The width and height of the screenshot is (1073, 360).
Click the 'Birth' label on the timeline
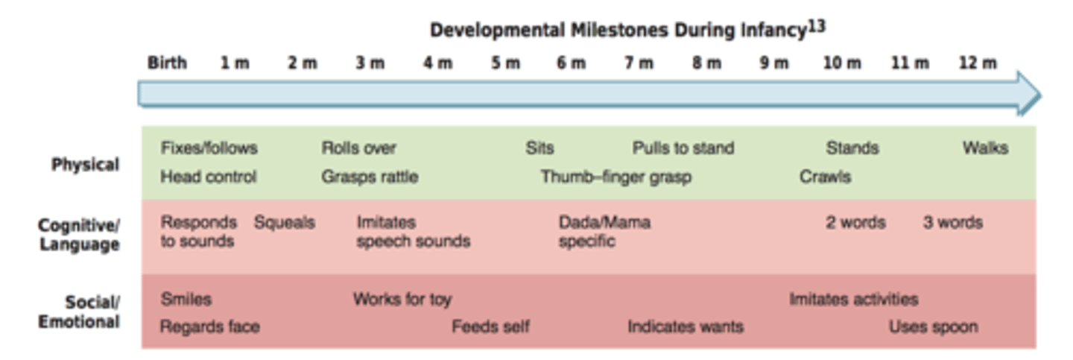pyautogui.click(x=167, y=63)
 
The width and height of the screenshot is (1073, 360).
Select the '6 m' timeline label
pyautogui.click(x=571, y=63)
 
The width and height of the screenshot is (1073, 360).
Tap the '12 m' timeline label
pyautogui.click(x=977, y=63)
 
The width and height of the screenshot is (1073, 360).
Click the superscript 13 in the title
pyautogui.click(x=817, y=27)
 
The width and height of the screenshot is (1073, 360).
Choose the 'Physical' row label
pyautogui.click(x=85, y=165)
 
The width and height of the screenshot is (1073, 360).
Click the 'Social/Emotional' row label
pyautogui.click(x=79, y=312)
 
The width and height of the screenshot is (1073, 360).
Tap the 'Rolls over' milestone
pyautogui.click(x=358, y=148)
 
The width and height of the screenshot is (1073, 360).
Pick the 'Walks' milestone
pyautogui.click(x=984, y=148)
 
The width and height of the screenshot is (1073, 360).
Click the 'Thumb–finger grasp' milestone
pyautogui.click(x=615, y=177)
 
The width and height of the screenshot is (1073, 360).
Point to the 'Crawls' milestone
pyautogui.click(x=825, y=177)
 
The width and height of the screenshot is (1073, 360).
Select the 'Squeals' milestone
pyautogui.click(x=284, y=223)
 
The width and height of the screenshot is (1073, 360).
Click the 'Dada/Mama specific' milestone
pyautogui.click(x=604, y=232)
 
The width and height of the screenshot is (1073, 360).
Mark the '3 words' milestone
pyautogui.click(x=952, y=223)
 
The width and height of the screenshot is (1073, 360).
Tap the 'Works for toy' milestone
pyautogui.click(x=402, y=300)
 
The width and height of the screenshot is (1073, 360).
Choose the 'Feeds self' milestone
pyautogui.click(x=490, y=327)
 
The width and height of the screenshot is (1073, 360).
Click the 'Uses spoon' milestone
pyautogui.click(x=933, y=327)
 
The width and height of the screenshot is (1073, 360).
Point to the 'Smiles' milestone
pyautogui.click(x=186, y=300)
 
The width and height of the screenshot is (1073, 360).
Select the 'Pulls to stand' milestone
pyautogui.click(x=683, y=148)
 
